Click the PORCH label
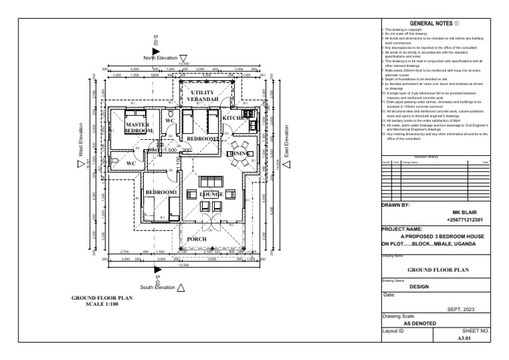(197, 239)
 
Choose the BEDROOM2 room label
(202, 138)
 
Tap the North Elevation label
(161, 58)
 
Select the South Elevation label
(157, 287)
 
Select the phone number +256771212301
(465, 219)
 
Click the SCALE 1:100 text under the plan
(101, 305)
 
